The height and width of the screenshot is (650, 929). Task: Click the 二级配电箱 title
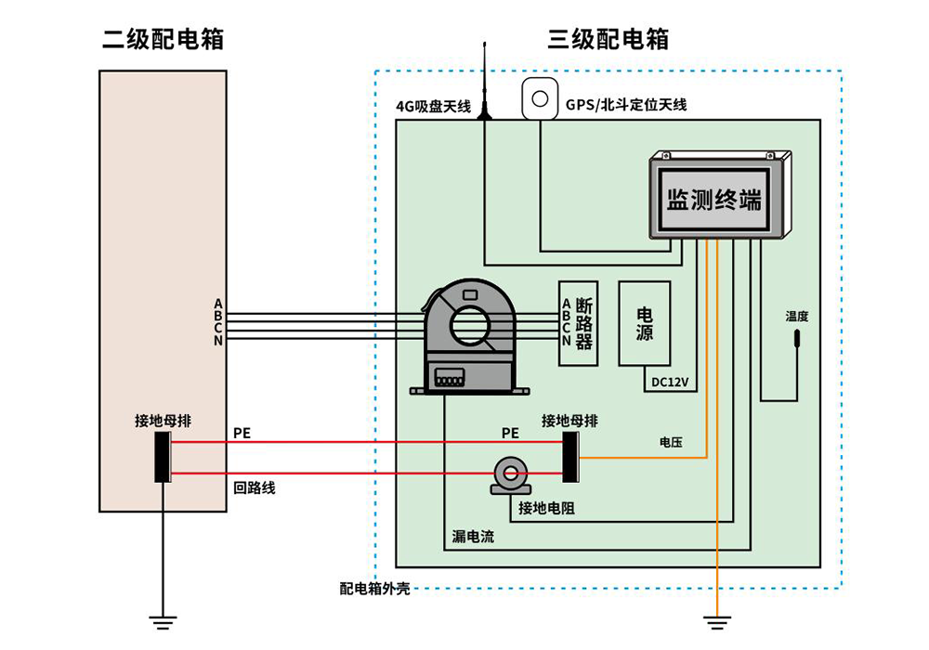coord(163,39)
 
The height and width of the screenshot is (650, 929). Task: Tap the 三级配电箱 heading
coord(608,39)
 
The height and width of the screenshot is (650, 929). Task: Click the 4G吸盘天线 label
coord(435,106)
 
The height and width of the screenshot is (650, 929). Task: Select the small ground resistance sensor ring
coord(510,474)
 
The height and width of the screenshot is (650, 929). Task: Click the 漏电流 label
coord(473,537)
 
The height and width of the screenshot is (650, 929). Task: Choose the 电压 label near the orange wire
coord(671,443)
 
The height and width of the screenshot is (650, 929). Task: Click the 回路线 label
coord(254,487)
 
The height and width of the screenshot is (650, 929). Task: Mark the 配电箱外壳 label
coord(374,588)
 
